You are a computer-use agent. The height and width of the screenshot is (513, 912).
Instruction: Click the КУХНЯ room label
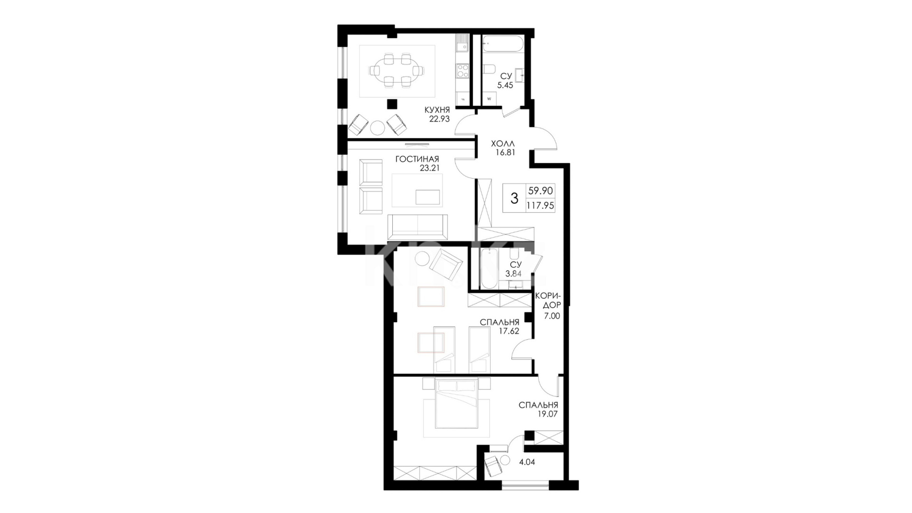coord(437,110)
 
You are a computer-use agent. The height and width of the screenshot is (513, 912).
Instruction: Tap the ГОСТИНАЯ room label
coord(417,159)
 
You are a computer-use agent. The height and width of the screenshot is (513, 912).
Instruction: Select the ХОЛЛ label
coord(503,143)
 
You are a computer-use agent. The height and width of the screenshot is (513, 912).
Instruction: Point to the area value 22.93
coord(439,119)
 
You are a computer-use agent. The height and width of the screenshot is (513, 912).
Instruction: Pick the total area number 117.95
coord(541,206)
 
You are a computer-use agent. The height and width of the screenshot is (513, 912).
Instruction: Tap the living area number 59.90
coord(541,191)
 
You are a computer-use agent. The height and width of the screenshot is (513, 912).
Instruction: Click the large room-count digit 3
coord(514,198)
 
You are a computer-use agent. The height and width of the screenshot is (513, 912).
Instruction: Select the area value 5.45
coord(505,85)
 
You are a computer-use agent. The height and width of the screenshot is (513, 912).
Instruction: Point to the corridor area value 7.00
coord(552,315)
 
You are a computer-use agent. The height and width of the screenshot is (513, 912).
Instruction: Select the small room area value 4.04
coord(527,462)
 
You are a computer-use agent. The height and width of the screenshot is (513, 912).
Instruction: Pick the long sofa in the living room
coord(418,227)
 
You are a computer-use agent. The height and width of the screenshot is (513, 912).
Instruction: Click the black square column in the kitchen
coord(392,104)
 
